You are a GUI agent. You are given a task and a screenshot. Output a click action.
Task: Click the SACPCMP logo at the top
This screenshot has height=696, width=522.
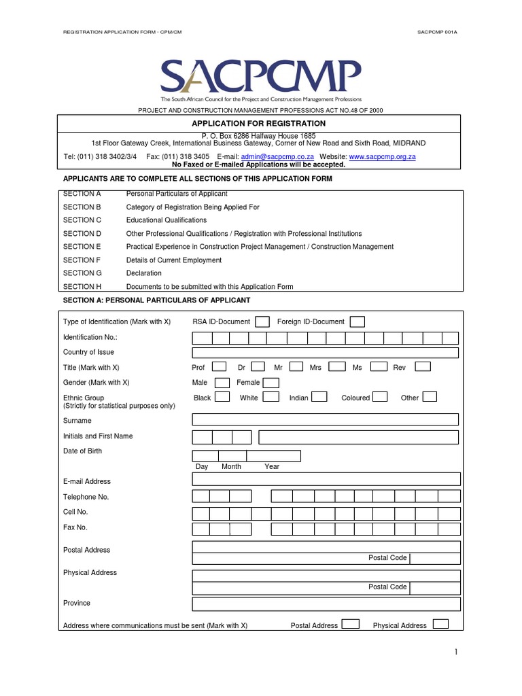point(261,75)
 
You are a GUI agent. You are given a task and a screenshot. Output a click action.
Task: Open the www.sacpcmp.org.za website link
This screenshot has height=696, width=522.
point(382,156)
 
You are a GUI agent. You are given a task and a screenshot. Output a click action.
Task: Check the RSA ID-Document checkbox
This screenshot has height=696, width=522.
point(262,321)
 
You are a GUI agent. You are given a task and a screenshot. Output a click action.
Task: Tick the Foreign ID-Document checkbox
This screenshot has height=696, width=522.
point(357,321)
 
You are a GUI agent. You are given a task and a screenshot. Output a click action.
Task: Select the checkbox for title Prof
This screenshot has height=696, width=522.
point(220,367)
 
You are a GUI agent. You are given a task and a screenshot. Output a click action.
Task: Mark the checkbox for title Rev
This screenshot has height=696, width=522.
point(422,367)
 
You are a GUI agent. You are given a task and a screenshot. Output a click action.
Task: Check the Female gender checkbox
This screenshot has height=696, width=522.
point(271,383)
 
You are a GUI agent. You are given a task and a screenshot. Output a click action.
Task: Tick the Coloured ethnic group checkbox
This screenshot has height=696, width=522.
point(380,397)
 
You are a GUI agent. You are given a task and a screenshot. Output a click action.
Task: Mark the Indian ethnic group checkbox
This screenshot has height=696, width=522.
point(319,397)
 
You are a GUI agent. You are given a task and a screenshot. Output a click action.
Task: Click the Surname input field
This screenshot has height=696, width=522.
point(325,420)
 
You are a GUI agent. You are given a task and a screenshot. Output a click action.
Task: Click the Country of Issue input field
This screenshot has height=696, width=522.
point(325,352)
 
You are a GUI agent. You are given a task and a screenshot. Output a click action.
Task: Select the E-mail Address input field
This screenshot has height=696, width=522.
point(325,480)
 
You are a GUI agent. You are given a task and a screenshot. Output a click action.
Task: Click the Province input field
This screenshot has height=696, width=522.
point(325,604)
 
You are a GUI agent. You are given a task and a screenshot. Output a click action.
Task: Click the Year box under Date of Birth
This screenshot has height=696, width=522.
point(273,456)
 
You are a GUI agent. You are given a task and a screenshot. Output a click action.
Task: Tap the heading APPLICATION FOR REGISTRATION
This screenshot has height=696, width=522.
point(258,124)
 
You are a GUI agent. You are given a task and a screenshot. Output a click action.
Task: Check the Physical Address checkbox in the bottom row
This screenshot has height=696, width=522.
point(440,624)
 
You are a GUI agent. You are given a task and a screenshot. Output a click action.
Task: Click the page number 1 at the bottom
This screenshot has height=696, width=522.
point(456,652)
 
